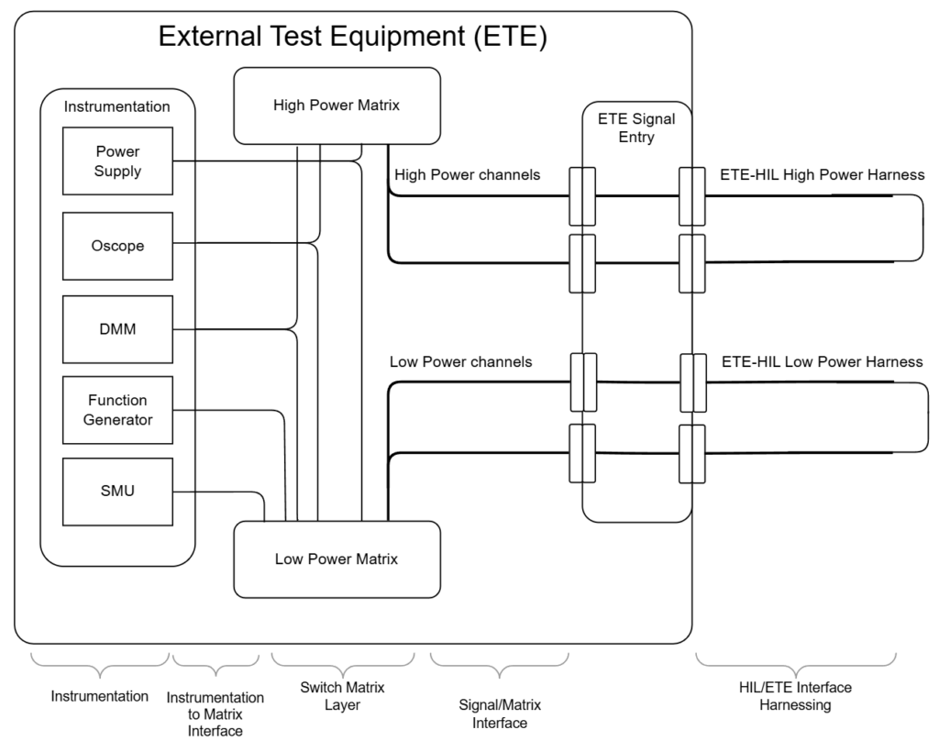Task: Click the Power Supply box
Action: click(117, 161)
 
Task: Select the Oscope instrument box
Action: click(117, 246)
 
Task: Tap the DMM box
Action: click(117, 329)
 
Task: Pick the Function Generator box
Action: click(117, 410)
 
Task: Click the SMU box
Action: click(117, 492)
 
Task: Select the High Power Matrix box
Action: click(337, 105)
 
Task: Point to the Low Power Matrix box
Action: click(337, 559)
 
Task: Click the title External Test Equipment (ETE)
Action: click(353, 37)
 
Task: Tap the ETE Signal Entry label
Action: click(636, 127)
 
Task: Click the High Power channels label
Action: click(467, 174)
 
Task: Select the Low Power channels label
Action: click(460, 361)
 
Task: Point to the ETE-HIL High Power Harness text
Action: click(823, 174)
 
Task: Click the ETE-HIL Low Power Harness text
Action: click(822, 361)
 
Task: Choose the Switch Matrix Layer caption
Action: click(343, 695)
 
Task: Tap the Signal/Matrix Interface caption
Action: click(500, 713)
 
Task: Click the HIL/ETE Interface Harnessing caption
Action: click(795, 696)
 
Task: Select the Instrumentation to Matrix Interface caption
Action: click(215, 714)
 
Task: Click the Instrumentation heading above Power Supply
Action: click(117, 106)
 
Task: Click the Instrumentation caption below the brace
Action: click(99, 696)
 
